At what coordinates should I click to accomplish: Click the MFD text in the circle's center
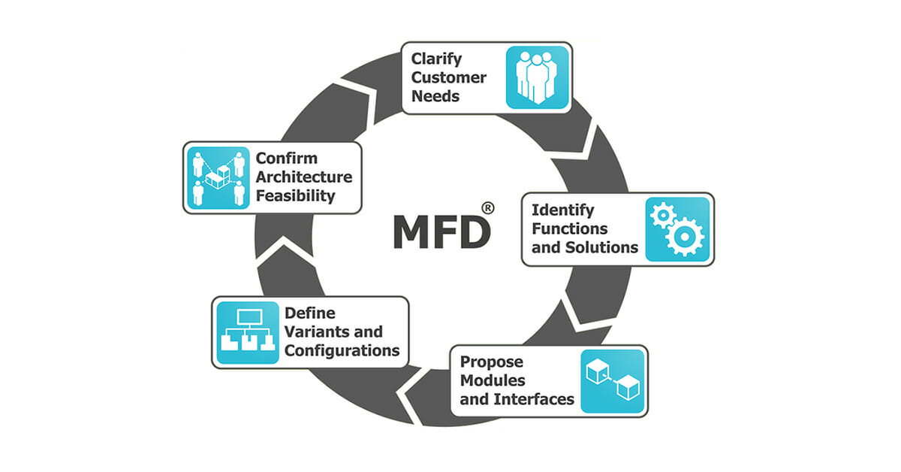pyautogui.click(x=440, y=233)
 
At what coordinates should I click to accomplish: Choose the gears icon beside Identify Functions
pyautogui.click(x=677, y=228)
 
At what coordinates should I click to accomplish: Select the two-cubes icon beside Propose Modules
pyautogui.click(x=612, y=381)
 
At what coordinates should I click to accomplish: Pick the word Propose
pyautogui.click(x=492, y=362)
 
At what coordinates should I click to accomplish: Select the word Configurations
pyautogui.click(x=341, y=350)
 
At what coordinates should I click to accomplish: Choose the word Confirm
pyautogui.click(x=286, y=159)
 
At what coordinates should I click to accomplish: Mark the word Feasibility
pyautogui.click(x=295, y=196)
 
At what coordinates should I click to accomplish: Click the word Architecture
pyautogui.click(x=303, y=177)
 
